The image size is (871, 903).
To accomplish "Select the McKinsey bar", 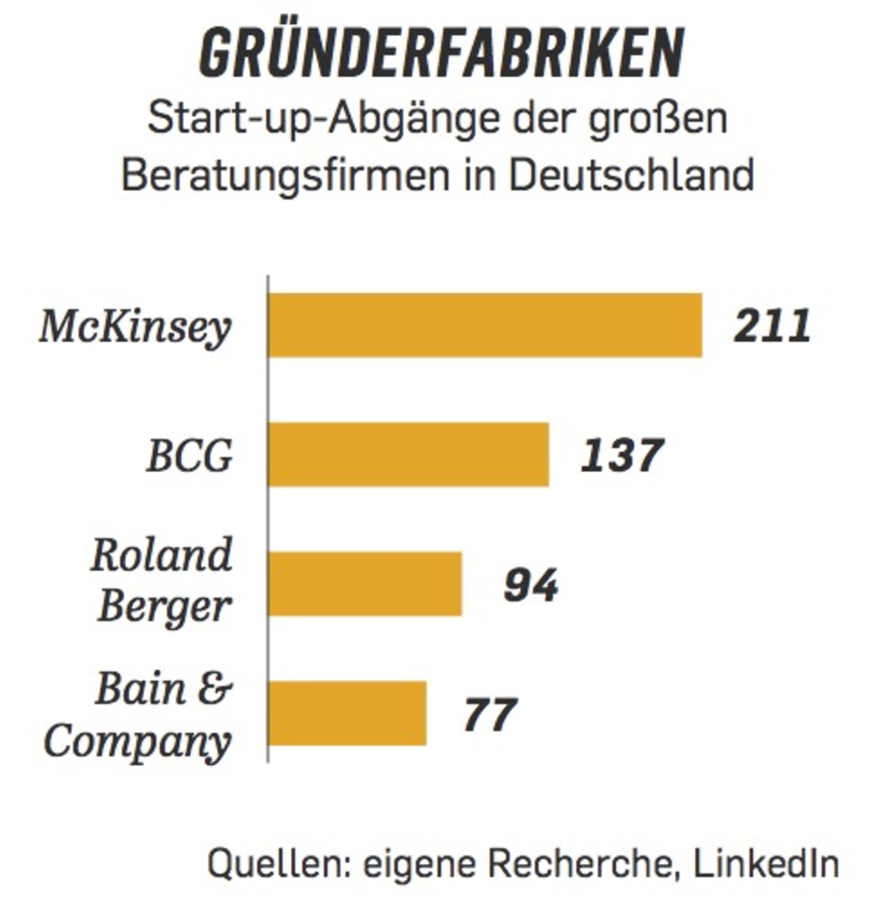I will click(x=485, y=325).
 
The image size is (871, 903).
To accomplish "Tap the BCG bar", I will click(x=409, y=455).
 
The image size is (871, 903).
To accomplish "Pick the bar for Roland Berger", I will click(x=365, y=584).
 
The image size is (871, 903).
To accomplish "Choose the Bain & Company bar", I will click(x=347, y=713).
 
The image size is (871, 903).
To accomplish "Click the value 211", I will click(x=772, y=326).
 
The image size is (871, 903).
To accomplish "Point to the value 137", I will click(x=622, y=456).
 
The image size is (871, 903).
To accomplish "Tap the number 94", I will click(x=531, y=585).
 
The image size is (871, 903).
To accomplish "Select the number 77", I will click(x=490, y=714).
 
